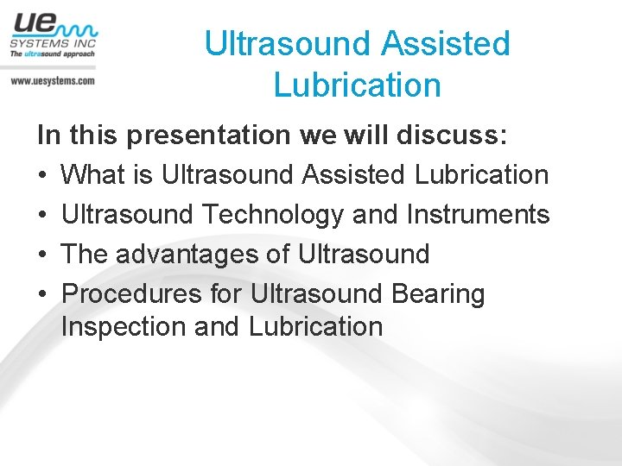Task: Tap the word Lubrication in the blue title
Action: click(x=357, y=85)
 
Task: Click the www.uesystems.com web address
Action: click(x=53, y=80)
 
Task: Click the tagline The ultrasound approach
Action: click(x=52, y=54)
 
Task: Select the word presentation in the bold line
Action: click(x=205, y=135)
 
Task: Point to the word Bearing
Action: click(x=438, y=294)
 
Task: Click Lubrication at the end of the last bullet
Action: click(x=315, y=327)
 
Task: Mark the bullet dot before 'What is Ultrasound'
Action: click(x=42, y=176)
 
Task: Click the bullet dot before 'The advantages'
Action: click(x=42, y=255)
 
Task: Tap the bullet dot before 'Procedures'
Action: click(x=42, y=295)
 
